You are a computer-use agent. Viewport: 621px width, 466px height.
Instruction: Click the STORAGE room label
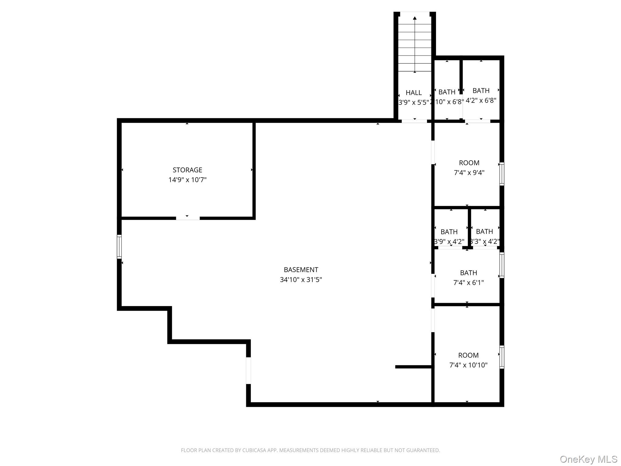pos(187,170)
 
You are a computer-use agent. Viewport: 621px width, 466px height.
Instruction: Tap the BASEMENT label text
pos(301,270)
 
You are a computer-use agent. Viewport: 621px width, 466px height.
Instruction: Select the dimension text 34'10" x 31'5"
pos(301,280)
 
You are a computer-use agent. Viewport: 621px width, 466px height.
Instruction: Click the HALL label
pos(414,93)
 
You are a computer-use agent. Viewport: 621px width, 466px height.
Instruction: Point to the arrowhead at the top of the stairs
pos(415,18)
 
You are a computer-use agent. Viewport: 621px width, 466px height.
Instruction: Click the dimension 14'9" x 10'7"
pos(187,180)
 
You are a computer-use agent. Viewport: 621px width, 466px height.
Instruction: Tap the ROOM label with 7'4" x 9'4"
pos(469,163)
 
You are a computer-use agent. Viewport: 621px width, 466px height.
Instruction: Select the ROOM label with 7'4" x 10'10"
pos(468,355)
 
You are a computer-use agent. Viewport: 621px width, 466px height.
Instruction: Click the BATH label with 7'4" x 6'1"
pos(468,273)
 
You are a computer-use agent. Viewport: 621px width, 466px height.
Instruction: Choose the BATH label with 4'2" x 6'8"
pos(481,91)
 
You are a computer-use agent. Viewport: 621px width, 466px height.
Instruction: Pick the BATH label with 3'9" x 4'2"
pos(449,232)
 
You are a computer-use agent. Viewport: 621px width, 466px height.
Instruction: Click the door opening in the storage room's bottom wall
pos(188,218)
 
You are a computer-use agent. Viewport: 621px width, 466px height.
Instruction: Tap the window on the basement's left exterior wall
pos(119,247)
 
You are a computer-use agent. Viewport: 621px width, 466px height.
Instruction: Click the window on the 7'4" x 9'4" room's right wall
pos(502,174)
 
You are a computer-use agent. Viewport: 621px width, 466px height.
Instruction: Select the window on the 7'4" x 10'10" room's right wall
pos(502,357)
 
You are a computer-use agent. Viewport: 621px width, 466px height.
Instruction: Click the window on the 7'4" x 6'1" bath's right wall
pos(502,265)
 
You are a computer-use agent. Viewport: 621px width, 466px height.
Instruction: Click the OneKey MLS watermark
pos(588,459)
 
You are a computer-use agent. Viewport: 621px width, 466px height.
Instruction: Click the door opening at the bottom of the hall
pos(414,121)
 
